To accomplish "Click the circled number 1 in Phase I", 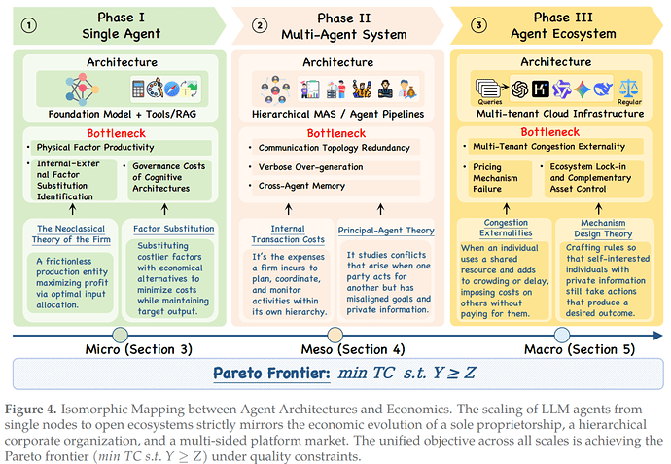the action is coord(28,25).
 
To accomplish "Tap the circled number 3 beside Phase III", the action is coord(478,25).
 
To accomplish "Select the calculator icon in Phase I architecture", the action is coord(138,89).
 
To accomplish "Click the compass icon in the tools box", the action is coord(171,89).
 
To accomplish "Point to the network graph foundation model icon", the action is coord(82,89).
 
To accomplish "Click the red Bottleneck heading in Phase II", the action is coord(336,133).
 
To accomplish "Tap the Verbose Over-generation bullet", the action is coord(310,167).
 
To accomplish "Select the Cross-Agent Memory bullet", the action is coord(301,186).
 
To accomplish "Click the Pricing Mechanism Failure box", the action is coord(497,178).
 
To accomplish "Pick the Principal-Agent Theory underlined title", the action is coord(386,231).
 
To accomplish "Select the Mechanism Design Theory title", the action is coord(603,229).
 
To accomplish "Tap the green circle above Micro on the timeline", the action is coord(121,336).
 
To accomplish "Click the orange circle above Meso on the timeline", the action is coord(335,336).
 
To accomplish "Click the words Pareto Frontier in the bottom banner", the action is coord(271,374).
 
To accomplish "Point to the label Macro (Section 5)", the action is coord(580,350).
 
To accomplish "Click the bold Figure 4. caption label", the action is coord(30,410).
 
